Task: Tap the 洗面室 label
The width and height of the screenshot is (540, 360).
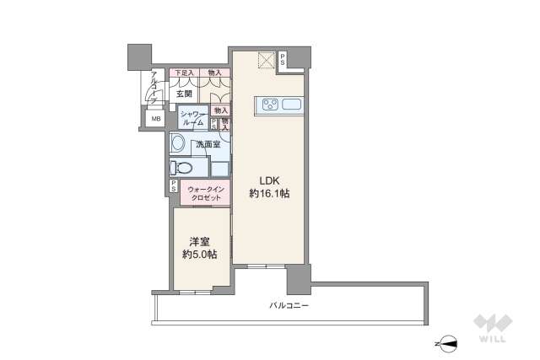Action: pyautogui.click(x=208, y=145)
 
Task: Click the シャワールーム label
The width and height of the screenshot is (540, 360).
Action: pyautogui.click(x=193, y=117)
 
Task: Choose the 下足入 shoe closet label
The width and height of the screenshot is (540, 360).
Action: pyautogui.click(x=185, y=73)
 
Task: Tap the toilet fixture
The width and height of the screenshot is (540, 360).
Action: pyautogui.click(x=181, y=168)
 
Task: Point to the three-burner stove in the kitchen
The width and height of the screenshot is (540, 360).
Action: pyautogui.click(x=271, y=105)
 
